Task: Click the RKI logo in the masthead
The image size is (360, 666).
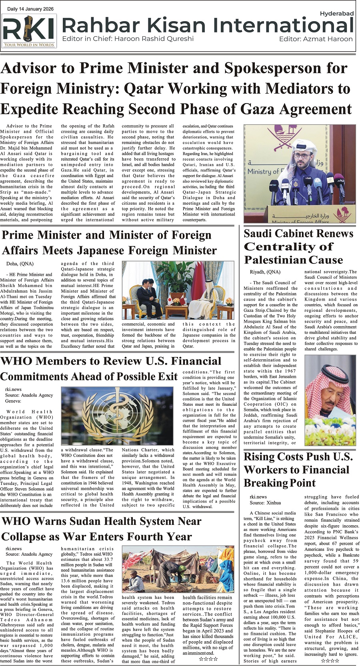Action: point(29,31)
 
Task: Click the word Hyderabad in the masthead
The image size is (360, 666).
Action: point(336,14)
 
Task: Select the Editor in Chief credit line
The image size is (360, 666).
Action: point(128,39)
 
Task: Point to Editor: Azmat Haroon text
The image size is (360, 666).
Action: point(316,39)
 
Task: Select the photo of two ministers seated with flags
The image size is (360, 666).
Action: point(178,290)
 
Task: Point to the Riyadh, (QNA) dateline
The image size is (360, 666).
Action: point(264,272)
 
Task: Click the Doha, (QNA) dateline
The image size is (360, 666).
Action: point(20,263)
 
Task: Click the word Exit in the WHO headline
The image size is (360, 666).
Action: point(167,377)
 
